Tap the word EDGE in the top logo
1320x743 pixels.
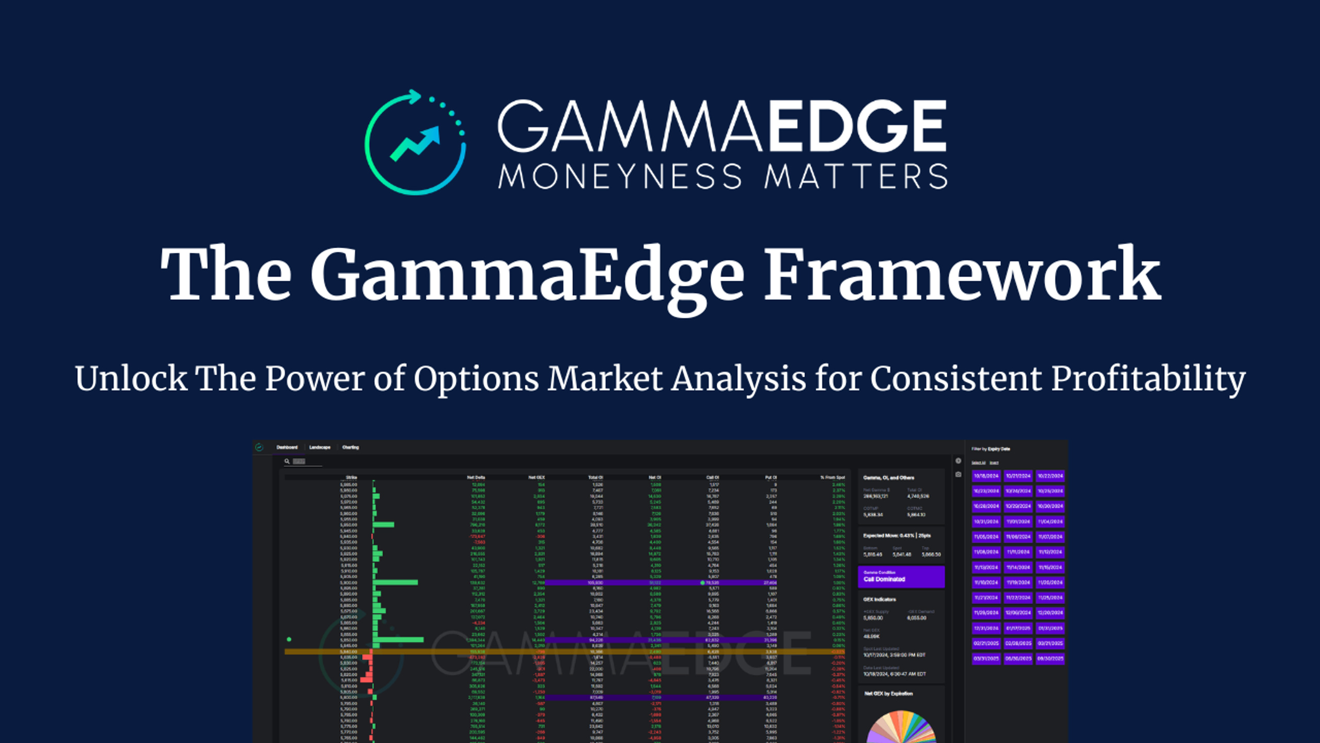pyautogui.click(x=857, y=126)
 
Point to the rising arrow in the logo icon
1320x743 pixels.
pyautogui.click(x=416, y=143)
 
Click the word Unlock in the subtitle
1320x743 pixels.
pyautogui.click(x=131, y=378)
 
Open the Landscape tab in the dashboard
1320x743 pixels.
pyautogui.click(x=320, y=447)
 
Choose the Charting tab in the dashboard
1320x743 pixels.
pyautogui.click(x=351, y=447)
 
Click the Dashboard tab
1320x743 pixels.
pyautogui.click(x=287, y=447)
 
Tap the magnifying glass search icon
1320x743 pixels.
pyautogui.click(x=287, y=461)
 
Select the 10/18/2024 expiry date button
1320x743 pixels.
pyautogui.click(x=986, y=476)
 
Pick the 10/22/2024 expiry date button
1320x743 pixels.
pyautogui.click(x=1050, y=476)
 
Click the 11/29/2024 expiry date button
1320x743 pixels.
pyautogui.click(x=986, y=613)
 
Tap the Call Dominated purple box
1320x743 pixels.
pyautogui.click(x=901, y=577)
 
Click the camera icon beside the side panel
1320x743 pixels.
pyautogui.click(x=958, y=474)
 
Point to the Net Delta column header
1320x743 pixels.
pyautogui.click(x=475, y=478)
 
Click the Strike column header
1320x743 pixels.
pyautogui.click(x=351, y=478)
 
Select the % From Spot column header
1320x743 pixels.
pyautogui.click(x=832, y=478)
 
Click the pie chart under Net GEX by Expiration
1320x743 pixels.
pyautogui.click(x=901, y=728)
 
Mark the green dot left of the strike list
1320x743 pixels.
pyautogui.click(x=289, y=639)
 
